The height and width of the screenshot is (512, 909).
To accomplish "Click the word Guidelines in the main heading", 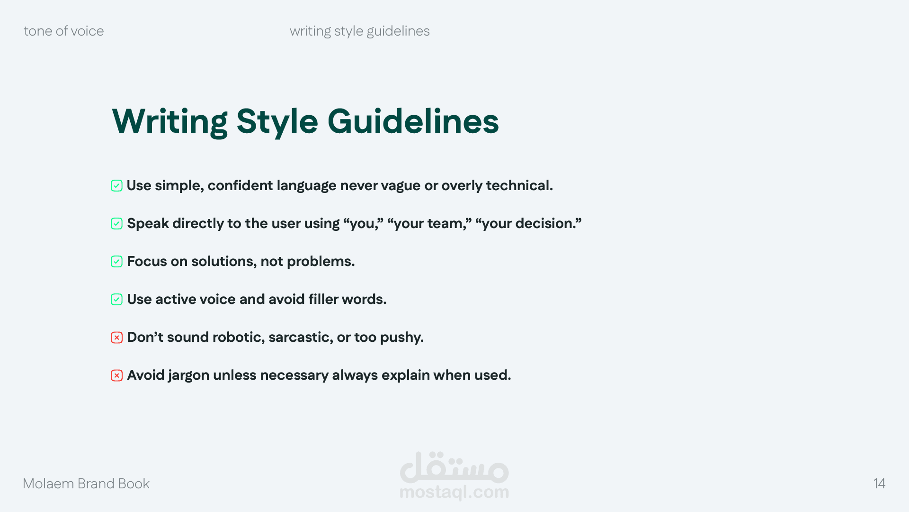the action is [413, 121].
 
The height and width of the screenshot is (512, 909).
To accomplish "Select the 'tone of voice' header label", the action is [64, 31].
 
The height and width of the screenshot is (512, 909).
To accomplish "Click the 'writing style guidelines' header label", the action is [360, 31].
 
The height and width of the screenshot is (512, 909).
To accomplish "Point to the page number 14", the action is [879, 484].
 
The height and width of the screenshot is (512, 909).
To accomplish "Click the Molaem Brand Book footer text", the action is [86, 484].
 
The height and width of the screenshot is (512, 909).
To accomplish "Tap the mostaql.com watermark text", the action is [454, 492].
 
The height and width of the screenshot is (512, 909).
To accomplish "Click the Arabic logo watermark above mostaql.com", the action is [454, 466].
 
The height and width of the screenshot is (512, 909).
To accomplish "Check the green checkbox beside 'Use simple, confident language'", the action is [116, 186].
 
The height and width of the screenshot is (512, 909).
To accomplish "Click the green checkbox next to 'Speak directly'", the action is [116, 224].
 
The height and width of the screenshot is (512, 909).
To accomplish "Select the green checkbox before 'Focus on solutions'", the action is [116, 262].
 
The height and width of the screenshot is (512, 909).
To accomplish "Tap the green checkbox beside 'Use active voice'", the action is [116, 300].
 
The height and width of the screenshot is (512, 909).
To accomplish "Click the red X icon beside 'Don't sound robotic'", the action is [116, 338].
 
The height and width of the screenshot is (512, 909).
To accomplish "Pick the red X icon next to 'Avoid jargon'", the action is [116, 375].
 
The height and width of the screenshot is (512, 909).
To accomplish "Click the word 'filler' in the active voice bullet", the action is [323, 299].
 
